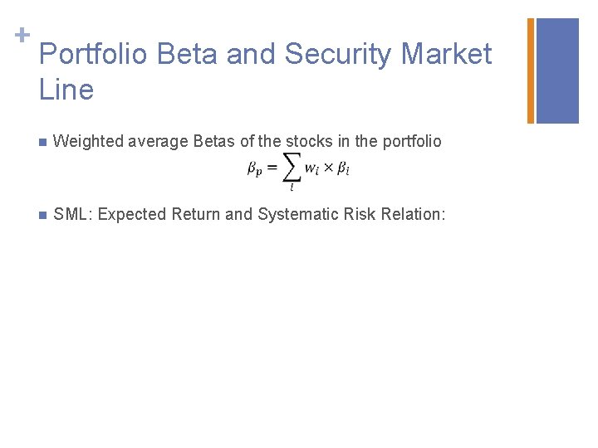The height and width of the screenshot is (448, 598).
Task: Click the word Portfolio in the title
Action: (93, 55)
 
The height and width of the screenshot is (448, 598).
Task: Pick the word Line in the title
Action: (66, 90)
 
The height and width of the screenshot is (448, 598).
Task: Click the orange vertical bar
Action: (531, 71)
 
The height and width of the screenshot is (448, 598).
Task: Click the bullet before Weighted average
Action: (43, 142)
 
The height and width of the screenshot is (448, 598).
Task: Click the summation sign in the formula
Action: (292, 168)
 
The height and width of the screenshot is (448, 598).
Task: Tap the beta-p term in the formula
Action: (254, 169)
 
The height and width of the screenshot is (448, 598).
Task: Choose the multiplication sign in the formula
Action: (328, 168)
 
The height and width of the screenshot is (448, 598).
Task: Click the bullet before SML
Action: (43, 215)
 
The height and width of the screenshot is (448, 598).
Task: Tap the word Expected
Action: (133, 215)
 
